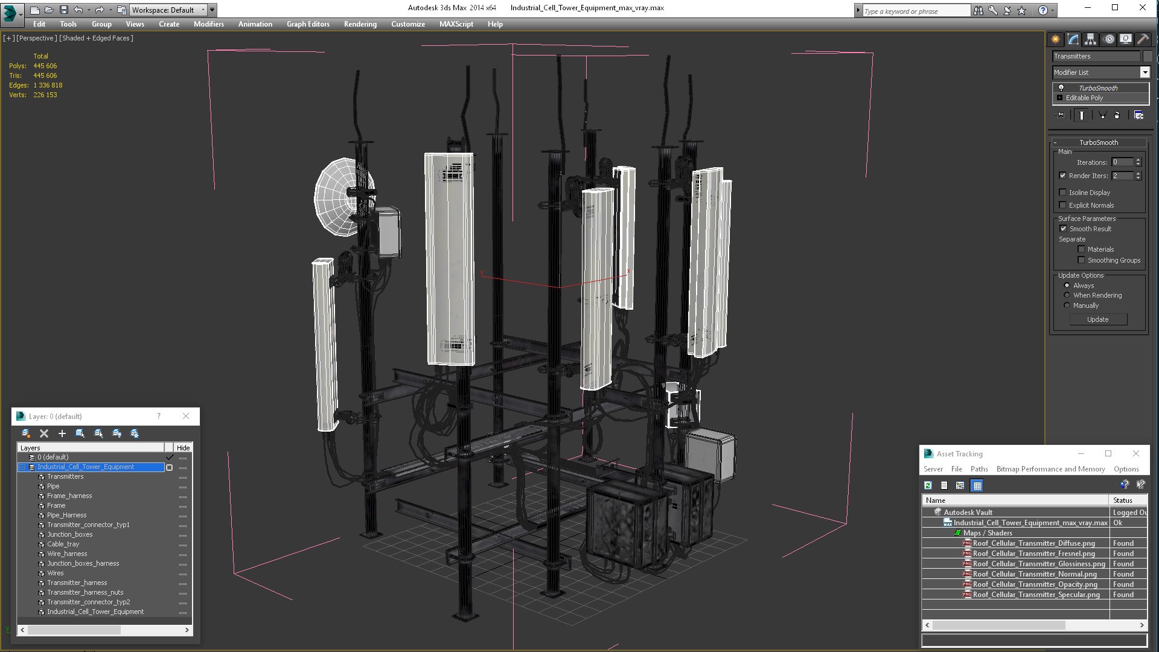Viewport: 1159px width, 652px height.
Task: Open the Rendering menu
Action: pos(360,24)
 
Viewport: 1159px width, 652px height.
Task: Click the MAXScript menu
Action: pos(456,24)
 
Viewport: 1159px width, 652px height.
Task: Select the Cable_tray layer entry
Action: pos(63,544)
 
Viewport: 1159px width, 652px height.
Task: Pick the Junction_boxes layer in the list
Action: pos(70,534)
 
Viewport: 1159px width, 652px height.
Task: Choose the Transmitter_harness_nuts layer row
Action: pos(85,592)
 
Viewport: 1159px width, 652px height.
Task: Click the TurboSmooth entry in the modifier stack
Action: pos(1097,88)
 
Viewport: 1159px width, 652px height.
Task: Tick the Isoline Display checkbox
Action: pos(1063,193)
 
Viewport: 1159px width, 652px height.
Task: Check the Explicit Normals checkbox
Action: pos(1063,205)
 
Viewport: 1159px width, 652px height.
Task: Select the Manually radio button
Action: pos(1067,305)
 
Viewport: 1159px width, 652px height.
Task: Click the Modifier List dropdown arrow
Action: pos(1144,72)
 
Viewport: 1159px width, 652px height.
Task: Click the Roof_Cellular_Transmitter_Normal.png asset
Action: pos(1034,574)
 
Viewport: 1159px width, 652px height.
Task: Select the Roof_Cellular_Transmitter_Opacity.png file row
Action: pos(1035,584)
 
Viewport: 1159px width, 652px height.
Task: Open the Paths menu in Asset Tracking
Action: pos(979,469)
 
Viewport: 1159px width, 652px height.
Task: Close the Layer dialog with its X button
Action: pos(186,416)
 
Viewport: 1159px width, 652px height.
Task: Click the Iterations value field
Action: pos(1122,162)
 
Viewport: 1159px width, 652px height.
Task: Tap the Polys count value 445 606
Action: pos(45,66)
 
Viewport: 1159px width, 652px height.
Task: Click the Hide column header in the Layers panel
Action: pos(183,448)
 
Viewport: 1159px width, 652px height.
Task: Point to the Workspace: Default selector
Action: pos(167,10)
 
